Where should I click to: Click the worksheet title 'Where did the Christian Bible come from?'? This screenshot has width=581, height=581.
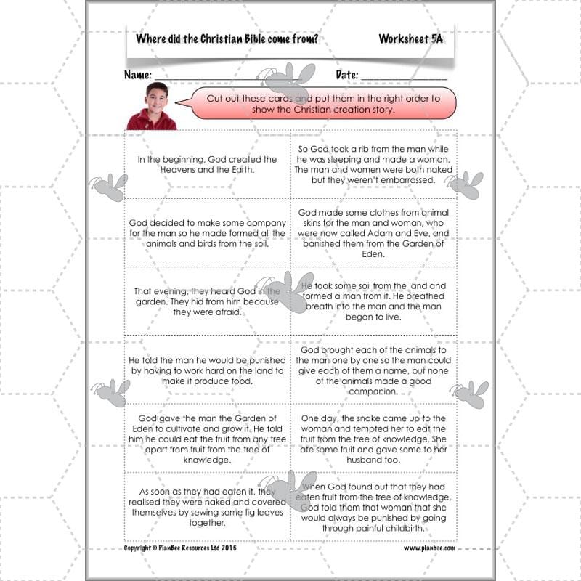click(x=227, y=38)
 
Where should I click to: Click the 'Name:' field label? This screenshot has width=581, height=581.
click(x=138, y=75)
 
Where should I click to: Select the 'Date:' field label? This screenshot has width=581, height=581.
click(x=346, y=75)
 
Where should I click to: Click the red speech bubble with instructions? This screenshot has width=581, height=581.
click(x=323, y=103)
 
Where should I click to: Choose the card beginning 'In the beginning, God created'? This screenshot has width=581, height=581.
click(x=207, y=165)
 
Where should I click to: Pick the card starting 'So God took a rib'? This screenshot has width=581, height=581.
click(x=373, y=164)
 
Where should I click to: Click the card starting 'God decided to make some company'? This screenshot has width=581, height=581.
click(x=207, y=233)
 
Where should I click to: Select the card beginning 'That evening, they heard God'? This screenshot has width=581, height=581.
click(x=207, y=301)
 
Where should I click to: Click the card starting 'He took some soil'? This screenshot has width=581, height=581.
click(x=373, y=301)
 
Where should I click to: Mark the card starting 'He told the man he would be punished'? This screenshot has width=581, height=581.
click(x=207, y=370)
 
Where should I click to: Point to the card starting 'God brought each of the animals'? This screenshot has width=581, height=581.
click(x=373, y=370)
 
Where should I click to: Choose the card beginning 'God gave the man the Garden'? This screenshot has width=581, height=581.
click(x=207, y=439)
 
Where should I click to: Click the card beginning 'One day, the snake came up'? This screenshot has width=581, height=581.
click(x=373, y=439)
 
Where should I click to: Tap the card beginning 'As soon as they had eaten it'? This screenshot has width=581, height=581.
click(x=207, y=505)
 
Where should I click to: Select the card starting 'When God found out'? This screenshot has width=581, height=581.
click(x=373, y=505)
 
